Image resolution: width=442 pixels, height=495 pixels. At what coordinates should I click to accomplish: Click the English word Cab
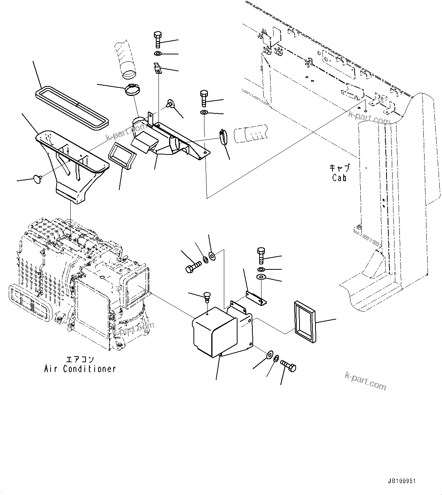(339, 177)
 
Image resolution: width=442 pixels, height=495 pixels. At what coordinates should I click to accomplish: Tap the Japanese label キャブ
(339, 168)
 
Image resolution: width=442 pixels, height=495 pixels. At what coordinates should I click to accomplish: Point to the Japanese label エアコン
(80, 360)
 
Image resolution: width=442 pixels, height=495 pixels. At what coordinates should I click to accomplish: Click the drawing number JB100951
(402, 481)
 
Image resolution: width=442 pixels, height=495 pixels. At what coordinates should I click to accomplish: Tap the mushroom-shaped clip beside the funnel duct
(37, 178)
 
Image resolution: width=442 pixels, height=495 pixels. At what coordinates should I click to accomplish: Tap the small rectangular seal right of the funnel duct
(122, 154)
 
